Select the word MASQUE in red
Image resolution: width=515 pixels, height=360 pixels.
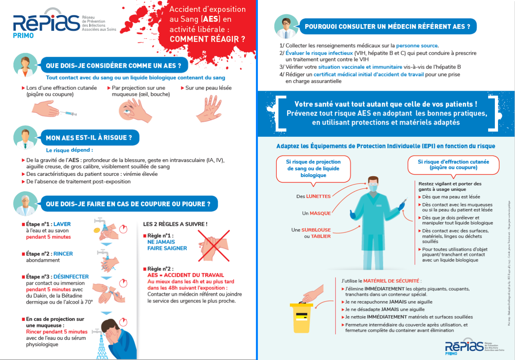tap(320, 213)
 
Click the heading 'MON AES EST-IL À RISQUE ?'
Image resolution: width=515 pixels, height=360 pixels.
tap(89, 138)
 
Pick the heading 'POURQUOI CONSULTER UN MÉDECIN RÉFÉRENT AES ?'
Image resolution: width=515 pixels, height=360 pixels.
tap(387, 27)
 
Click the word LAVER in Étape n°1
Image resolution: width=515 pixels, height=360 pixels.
tap(62, 224)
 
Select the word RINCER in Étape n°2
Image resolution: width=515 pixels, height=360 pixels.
tap(63, 254)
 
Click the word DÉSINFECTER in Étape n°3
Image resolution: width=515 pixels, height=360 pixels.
tap(71, 277)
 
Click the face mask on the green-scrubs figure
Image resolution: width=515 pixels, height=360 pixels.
tap(373, 188)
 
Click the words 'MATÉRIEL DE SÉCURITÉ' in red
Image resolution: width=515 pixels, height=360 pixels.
tap(391, 281)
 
